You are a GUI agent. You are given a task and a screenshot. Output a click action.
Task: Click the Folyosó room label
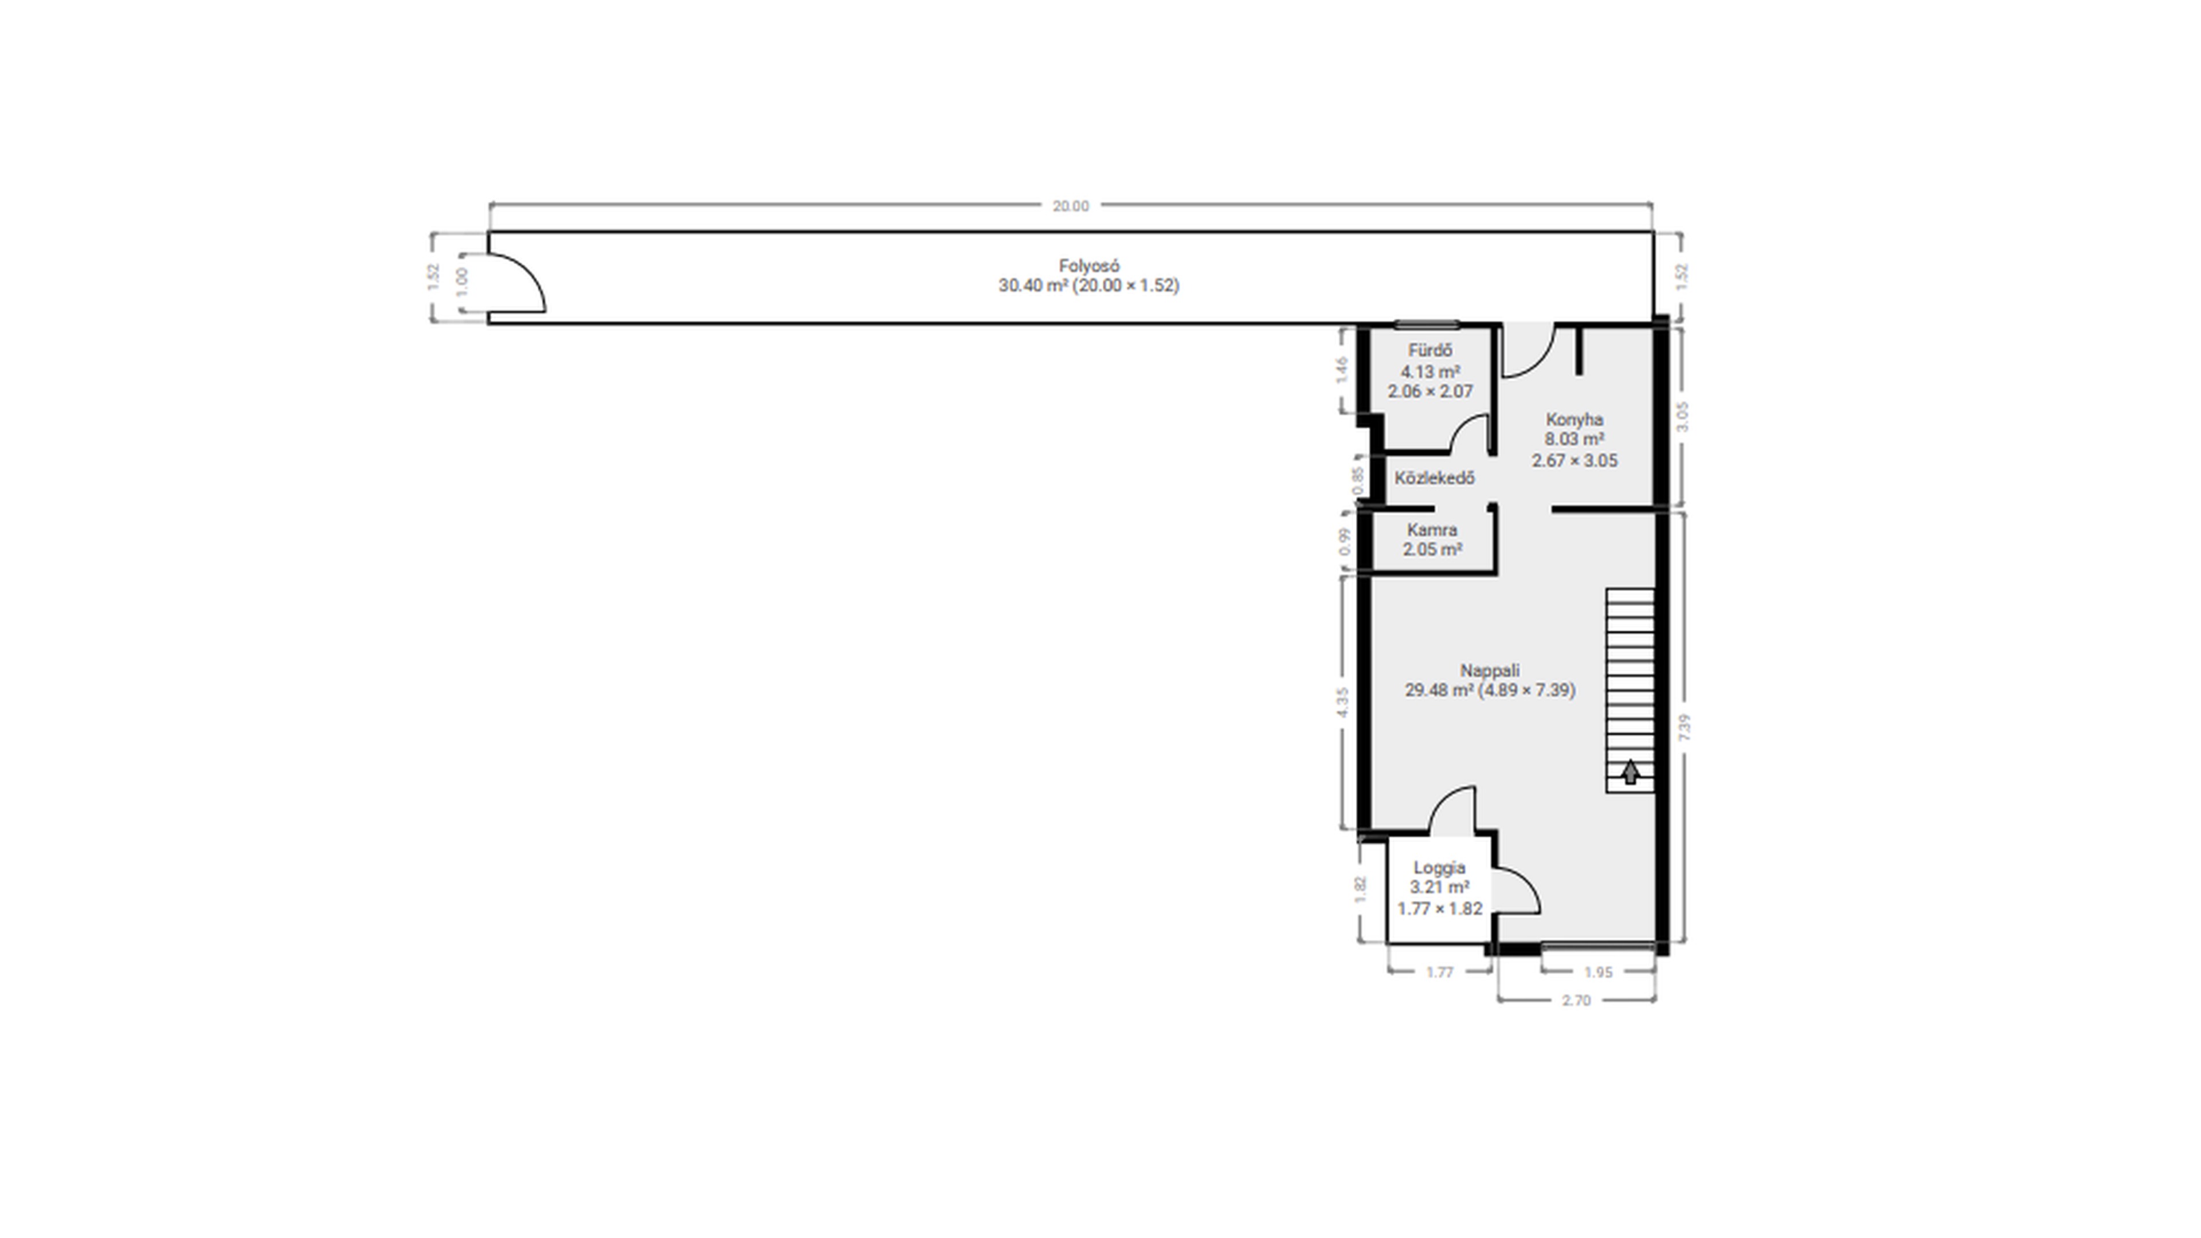click(x=1088, y=266)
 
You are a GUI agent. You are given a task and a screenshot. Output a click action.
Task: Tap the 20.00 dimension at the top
click(x=1071, y=206)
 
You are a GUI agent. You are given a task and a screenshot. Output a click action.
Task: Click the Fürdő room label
click(x=1430, y=350)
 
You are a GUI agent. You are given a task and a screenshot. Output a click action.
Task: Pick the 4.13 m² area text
click(x=1430, y=371)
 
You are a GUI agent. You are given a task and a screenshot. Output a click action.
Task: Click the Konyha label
click(x=1575, y=420)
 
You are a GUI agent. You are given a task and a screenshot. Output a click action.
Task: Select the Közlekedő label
click(x=1435, y=477)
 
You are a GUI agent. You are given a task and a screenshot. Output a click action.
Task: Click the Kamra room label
click(x=1432, y=530)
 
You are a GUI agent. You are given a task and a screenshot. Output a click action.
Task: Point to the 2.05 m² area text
click(x=1432, y=550)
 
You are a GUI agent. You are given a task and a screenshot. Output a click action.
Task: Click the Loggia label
click(x=1440, y=867)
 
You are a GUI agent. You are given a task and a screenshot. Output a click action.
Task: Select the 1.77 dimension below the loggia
click(x=1440, y=972)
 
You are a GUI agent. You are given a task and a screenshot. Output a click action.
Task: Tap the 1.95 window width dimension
click(x=1598, y=972)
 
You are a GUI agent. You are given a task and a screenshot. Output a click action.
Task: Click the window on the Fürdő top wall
click(x=1427, y=324)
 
